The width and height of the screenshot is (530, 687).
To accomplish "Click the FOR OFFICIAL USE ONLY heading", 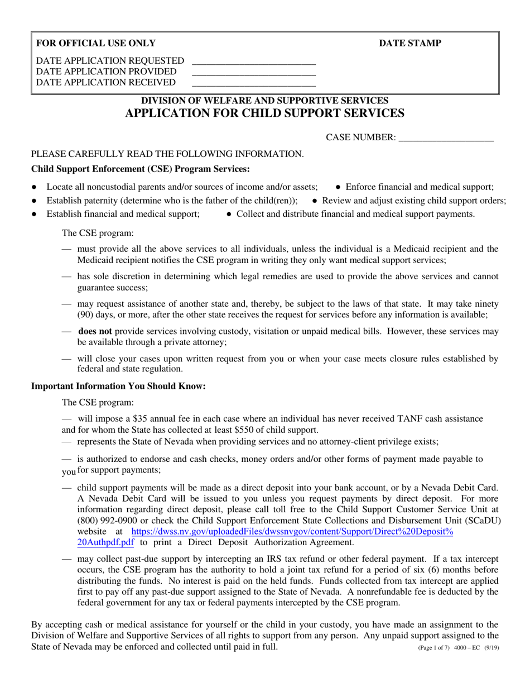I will pos(96,44).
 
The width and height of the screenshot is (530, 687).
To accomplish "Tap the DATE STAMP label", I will pos(410,44).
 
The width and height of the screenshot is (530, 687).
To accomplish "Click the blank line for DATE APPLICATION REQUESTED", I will pos(254,63).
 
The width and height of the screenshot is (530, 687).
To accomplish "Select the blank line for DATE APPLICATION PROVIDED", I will pos(254,74).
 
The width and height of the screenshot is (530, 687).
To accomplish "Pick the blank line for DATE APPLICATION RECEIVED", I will pos(254,85).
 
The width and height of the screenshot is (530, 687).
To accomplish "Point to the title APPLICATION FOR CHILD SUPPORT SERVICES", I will pos(264,113).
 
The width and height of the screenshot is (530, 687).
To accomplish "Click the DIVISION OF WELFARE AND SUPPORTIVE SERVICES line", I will pos(264,101).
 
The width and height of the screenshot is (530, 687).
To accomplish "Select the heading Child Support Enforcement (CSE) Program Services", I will pos(141,169).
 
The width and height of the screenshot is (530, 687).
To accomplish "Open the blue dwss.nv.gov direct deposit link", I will pos(292,532).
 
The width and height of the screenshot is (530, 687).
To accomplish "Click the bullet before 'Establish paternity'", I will pos(35,201).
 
